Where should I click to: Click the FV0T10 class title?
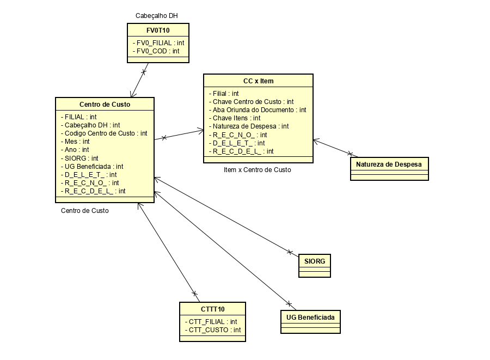158,30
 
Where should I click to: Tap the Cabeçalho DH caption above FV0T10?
157,15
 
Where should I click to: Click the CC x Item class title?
258,81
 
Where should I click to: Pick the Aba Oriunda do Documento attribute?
259,110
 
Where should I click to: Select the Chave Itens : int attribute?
236,118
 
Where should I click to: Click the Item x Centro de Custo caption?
257,170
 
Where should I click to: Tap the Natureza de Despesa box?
389,164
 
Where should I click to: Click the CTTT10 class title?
212,309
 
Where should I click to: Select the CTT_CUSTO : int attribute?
215,330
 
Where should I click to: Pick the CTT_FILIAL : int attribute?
213,322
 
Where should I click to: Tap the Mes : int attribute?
77,142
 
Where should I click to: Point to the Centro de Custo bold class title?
105,105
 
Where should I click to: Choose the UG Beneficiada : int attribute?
94,166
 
